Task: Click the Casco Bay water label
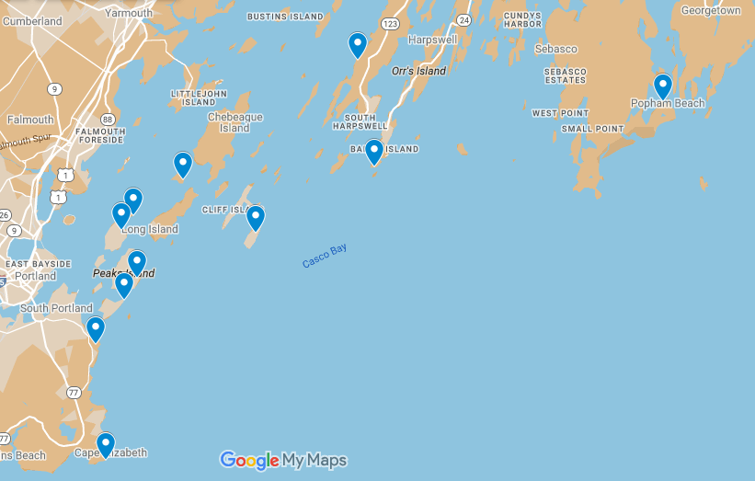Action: click(x=325, y=257)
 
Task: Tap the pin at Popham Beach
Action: click(x=663, y=86)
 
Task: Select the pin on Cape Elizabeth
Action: click(x=106, y=445)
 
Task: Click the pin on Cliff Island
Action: click(x=256, y=218)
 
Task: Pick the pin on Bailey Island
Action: click(x=374, y=152)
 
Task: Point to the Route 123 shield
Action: click(x=391, y=23)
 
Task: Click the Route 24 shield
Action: click(x=464, y=19)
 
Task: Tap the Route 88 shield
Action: click(x=109, y=119)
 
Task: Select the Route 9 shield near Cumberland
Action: click(x=56, y=88)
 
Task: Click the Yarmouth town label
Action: click(x=130, y=13)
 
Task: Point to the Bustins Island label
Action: click(x=285, y=17)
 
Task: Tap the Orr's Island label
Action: click(x=418, y=71)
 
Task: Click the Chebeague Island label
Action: click(x=235, y=122)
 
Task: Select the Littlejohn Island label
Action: click(x=198, y=97)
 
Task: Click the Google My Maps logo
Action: click(x=283, y=460)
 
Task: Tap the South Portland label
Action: click(x=56, y=308)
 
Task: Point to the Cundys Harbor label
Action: click(x=523, y=19)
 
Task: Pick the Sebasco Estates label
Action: click(x=565, y=75)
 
